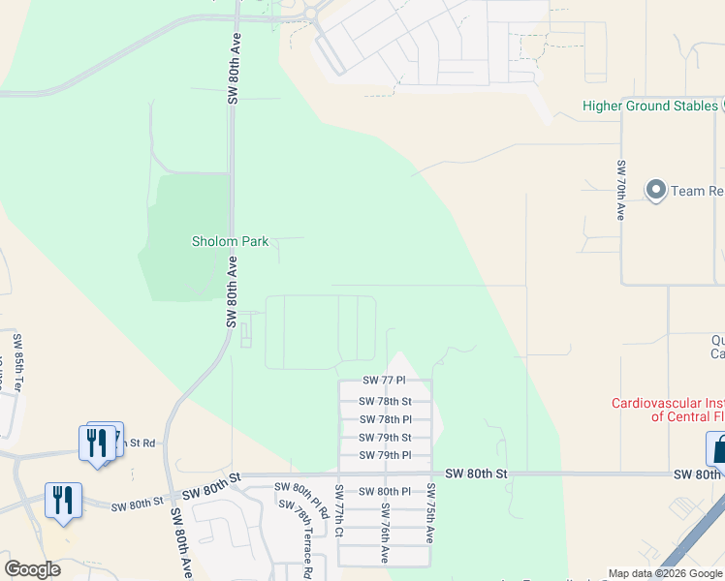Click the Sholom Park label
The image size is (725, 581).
230,241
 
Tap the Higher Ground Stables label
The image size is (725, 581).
648,106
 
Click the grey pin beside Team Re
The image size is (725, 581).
656,190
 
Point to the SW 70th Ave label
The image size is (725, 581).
618,190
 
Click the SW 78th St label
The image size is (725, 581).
385,401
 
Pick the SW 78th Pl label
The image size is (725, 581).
385,419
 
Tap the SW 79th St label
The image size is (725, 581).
385,438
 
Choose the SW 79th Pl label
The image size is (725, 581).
385,455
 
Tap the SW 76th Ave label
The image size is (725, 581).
385,533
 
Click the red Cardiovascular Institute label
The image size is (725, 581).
668,410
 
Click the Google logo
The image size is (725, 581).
32,569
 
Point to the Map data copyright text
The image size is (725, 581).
665,573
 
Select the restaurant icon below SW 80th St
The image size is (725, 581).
63,501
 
